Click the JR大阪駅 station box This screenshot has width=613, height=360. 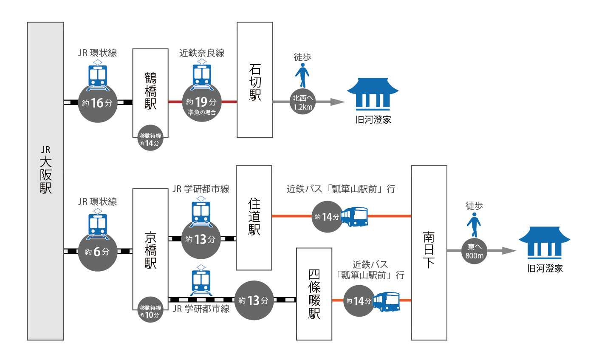[45, 181]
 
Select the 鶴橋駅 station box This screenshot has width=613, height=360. [150, 91]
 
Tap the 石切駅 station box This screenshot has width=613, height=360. [255, 80]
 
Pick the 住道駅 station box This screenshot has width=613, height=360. [254, 218]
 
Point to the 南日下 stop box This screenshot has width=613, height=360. [429, 252]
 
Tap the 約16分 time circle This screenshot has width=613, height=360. [98, 103]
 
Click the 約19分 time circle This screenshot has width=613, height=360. [202, 103]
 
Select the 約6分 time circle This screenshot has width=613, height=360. [98, 252]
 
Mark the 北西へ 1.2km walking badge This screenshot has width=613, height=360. [302, 102]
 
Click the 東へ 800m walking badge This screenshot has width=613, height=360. [474, 251]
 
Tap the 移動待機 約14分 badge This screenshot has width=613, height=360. [150, 139]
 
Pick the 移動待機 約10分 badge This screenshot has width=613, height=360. [150, 311]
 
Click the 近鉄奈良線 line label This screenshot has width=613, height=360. [202, 53]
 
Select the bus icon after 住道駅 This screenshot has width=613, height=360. [354, 217]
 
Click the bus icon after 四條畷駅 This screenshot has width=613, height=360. [386, 301]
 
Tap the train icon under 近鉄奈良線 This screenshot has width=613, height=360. [202, 75]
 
